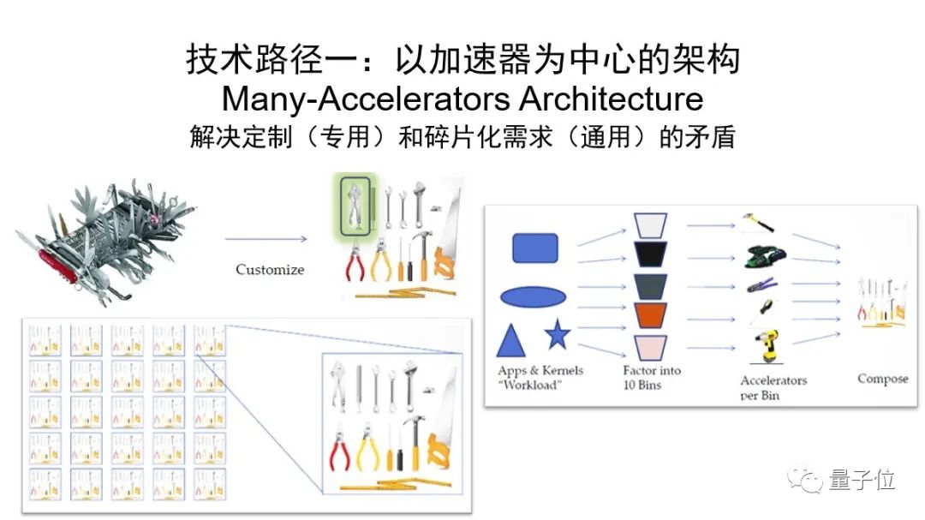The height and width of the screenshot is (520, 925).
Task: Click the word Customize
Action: pyautogui.click(x=270, y=270)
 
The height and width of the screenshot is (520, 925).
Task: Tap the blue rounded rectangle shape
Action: pyautogui.click(x=535, y=248)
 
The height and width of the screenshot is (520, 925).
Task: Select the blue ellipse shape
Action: pyautogui.click(x=533, y=297)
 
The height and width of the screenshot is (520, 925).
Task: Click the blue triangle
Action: pyautogui.click(x=511, y=341)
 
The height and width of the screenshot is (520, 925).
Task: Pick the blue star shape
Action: pyautogui.click(x=558, y=335)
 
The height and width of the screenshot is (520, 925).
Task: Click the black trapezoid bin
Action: pyautogui.click(x=651, y=254)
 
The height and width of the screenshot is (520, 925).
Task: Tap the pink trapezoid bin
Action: pyautogui.click(x=651, y=347)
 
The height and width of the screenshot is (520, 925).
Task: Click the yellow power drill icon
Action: pyautogui.click(x=761, y=347)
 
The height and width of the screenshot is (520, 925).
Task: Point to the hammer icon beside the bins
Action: pyautogui.click(x=759, y=223)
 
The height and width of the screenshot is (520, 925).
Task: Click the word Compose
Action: pyautogui.click(x=883, y=379)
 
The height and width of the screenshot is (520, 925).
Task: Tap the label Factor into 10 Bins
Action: pyautogui.click(x=653, y=378)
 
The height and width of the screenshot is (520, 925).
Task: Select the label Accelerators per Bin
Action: pyautogui.click(x=773, y=387)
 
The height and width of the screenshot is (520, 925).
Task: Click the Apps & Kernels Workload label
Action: pyautogui.click(x=540, y=378)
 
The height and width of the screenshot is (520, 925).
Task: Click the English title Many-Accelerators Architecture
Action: pyautogui.click(x=462, y=99)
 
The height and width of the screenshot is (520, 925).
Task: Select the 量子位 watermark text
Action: pyautogui.click(x=862, y=481)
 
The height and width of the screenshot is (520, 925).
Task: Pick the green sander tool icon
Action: pyautogui.click(x=761, y=254)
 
